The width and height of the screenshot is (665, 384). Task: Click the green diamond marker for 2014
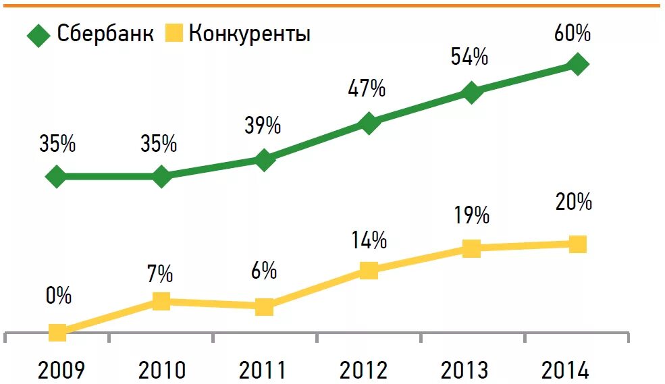(x=578, y=65)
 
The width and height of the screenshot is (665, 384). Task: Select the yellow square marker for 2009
(x=58, y=332)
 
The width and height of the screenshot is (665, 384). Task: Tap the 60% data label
(x=573, y=33)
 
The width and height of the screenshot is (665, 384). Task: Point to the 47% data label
(x=367, y=88)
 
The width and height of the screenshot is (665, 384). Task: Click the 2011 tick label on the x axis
(x=263, y=370)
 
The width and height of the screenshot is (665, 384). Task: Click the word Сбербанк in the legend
(x=106, y=34)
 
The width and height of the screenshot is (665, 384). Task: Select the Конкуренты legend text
(x=249, y=34)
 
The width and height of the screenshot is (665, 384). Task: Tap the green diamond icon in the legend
(x=38, y=35)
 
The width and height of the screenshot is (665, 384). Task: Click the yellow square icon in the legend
(x=174, y=34)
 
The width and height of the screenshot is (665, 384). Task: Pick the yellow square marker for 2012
(x=369, y=271)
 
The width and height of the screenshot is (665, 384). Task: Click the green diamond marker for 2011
(x=265, y=160)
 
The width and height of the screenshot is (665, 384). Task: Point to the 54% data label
(x=469, y=57)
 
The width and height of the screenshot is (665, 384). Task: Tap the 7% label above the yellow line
(x=161, y=274)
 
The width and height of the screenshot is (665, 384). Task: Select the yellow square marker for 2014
(x=577, y=244)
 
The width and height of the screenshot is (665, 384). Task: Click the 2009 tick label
(x=61, y=370)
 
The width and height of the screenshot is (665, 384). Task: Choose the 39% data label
(x=263, y=126)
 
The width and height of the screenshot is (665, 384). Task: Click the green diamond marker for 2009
(x=57, y=177)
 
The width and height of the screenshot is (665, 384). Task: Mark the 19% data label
(x=471, y=215)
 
